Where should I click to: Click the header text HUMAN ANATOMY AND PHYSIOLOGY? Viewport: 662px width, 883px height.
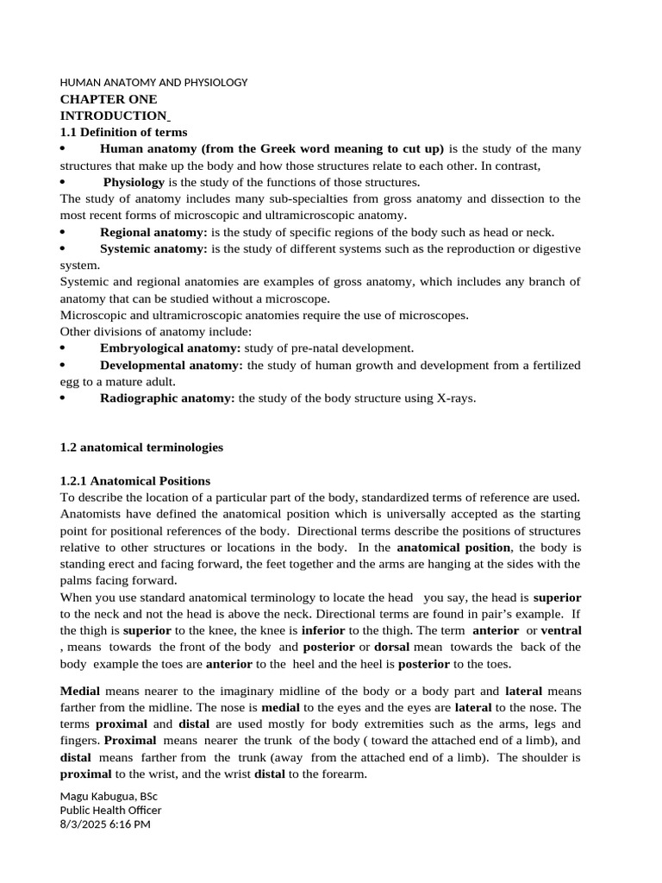click(153, 83)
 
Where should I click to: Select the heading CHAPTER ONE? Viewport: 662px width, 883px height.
click(109, 99)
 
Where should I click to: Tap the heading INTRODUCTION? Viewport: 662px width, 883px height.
click(113, 116)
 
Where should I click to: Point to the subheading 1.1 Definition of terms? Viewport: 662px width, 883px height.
click(123, 132)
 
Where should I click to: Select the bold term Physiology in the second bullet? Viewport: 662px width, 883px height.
click(134, 183)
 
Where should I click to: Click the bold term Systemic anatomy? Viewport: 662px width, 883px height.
click(153, 249)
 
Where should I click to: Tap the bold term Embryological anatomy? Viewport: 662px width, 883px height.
click(170, 348)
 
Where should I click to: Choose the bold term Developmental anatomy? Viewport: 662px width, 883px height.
click(172, 366)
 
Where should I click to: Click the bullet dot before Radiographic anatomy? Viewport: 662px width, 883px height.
click(63, 398)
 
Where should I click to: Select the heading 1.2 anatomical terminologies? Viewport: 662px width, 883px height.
click(141, 448)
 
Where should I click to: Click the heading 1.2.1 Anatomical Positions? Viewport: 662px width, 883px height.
click(135, 480)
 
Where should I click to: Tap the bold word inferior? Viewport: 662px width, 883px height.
click(323, 630)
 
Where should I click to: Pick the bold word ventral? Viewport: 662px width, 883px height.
click(560, 630)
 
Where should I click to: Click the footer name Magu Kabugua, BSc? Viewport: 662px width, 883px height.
click(109, 795)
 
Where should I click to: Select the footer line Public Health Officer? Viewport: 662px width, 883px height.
click(110, 810)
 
